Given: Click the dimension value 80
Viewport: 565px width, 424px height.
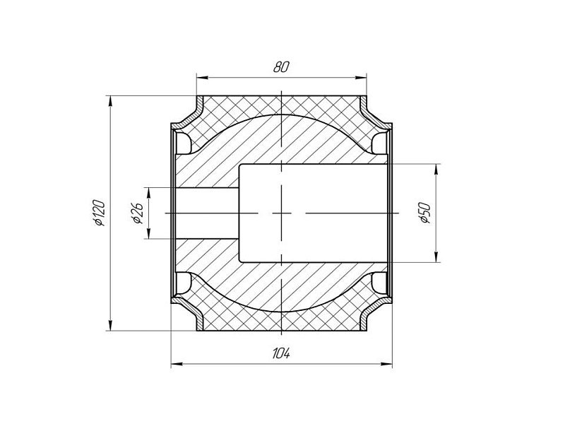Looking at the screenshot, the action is [x=281, y=67].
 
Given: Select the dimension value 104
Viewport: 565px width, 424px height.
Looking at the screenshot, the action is [x=281, y=354].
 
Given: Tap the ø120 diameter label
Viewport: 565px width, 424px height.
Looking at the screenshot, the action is [x=100, y=213].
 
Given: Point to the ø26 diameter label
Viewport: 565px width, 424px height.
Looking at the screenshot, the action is [x=138, y=213].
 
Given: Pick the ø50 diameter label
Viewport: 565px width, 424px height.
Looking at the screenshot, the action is [x=425, y=213].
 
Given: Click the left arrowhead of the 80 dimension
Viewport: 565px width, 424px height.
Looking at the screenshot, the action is [x=203, y=78].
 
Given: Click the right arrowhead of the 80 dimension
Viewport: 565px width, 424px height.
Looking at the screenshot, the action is [x=361, y=78].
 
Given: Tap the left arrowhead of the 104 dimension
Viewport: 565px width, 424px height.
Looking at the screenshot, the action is [x=177, y=364].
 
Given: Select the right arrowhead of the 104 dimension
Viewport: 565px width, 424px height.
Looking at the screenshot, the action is [x=386, y=364].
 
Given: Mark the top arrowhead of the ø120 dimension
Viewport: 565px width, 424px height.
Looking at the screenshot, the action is [x=111, y=101].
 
